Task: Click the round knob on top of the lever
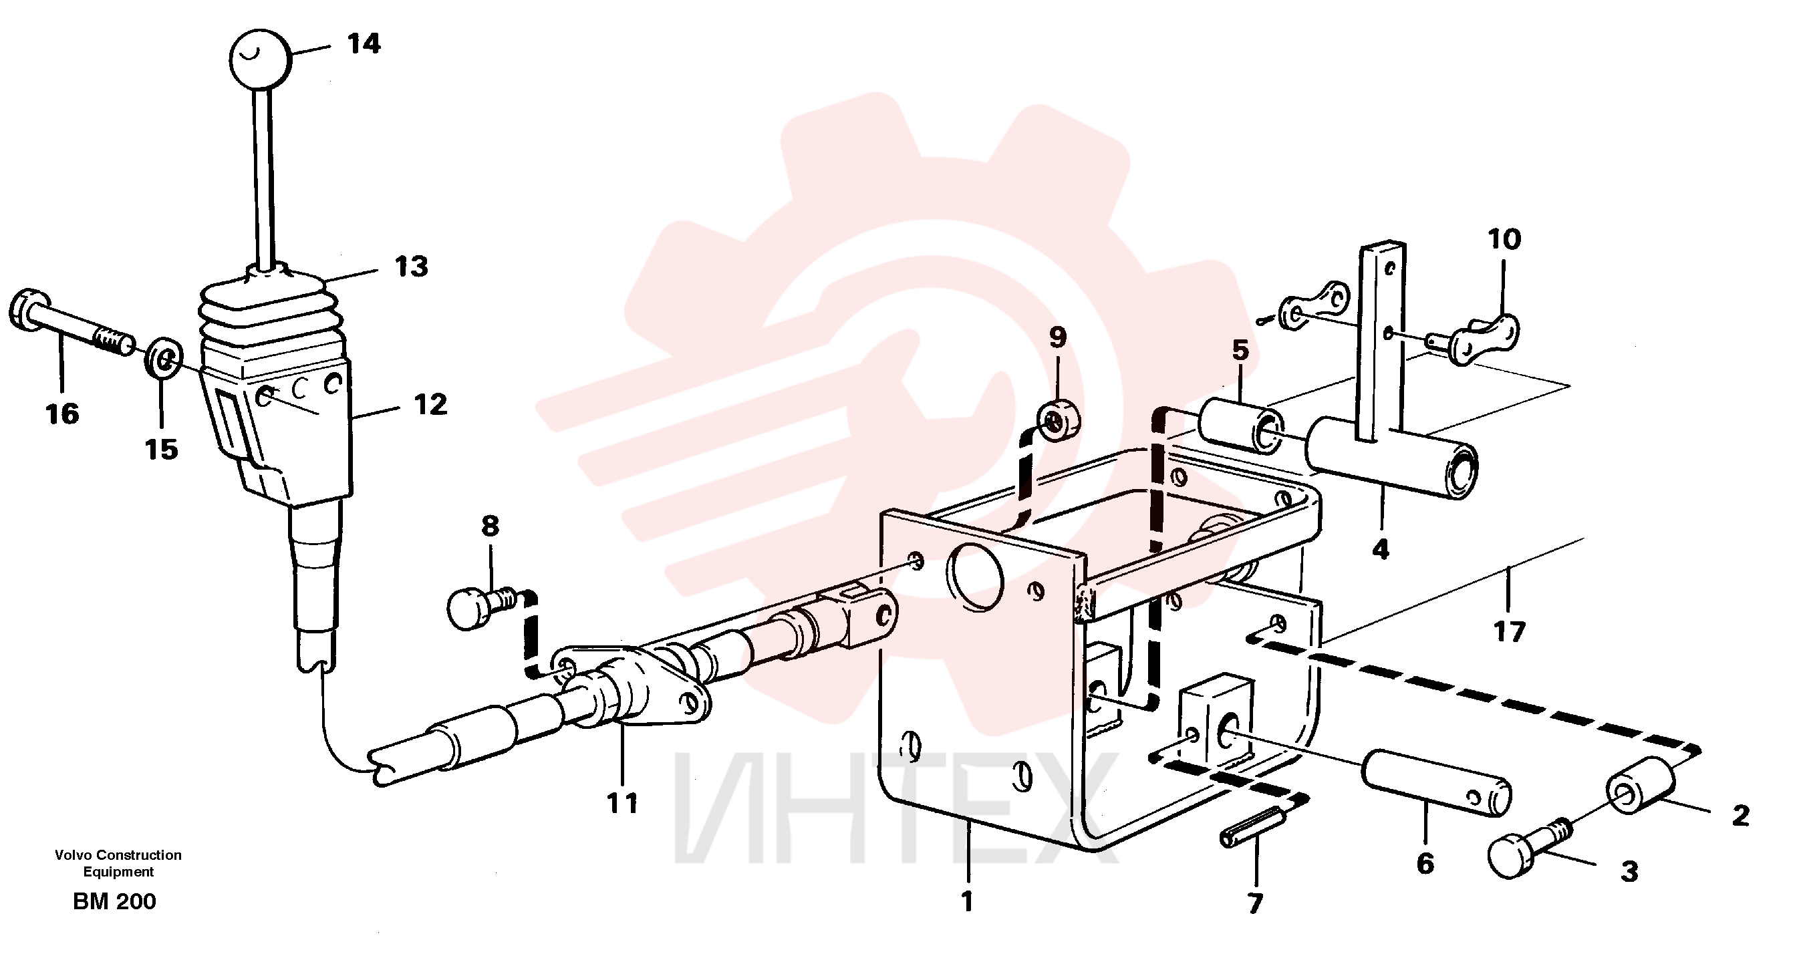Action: coord(259,59)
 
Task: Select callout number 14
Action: coord(364,44)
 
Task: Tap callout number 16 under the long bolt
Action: coord(62,414)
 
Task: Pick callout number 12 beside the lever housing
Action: coord(430,405)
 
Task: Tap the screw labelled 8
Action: coord(480,607)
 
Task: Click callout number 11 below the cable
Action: coord(622,804)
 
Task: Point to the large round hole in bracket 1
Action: coord(975,577)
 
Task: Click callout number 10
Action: coord(1504,240)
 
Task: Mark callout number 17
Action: coord(1509,633)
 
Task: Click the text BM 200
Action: coord(114,902)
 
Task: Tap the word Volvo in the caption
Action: coord(75,855)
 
